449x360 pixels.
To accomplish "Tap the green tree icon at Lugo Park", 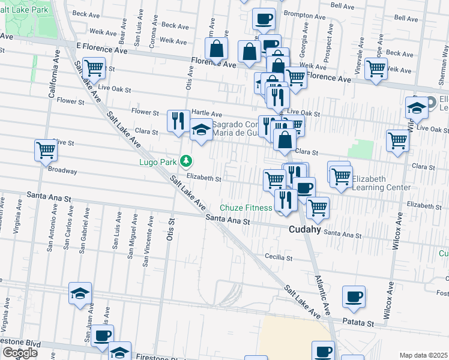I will (187, 161).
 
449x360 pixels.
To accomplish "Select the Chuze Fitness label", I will (246, 208).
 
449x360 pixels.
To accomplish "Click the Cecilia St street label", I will (279, 258).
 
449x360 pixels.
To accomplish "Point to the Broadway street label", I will (62, 170).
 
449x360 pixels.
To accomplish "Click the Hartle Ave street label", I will (206, 114).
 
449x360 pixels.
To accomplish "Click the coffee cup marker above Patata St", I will (354, 296).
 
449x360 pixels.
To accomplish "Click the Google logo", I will (20, 353).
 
